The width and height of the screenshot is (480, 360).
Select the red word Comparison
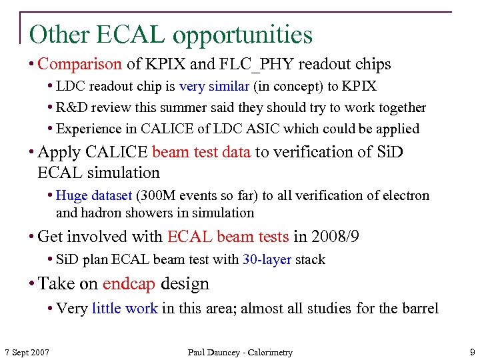point(80,65)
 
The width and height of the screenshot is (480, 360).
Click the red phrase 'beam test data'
point(201,152)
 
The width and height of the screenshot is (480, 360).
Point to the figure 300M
point(161,195)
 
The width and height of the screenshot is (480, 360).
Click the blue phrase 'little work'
point(125,308)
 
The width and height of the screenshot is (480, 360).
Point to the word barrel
point(420,308)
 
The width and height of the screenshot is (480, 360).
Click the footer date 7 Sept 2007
point(27,352)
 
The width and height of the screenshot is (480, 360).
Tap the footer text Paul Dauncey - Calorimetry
point(240,352)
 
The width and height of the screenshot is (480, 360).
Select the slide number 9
point(471,351)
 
